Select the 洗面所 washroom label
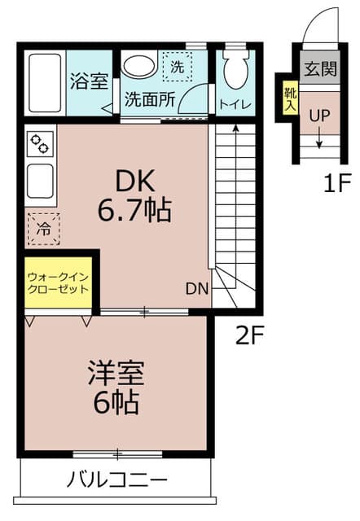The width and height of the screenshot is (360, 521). coord(149,101)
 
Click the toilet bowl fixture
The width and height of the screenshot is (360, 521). coord(235,70)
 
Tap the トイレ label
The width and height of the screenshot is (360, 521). coord(236,103)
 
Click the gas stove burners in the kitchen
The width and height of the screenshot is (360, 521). coord(40,144)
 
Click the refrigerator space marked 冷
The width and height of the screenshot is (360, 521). coord(42,229)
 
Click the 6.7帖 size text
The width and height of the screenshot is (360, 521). coord(134,212)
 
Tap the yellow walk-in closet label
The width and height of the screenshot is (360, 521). coord(57,282)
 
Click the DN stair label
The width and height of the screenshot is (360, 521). coord(197,288)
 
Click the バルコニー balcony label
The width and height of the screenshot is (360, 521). coord(117,479)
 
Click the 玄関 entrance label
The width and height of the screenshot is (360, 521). coord(318,68)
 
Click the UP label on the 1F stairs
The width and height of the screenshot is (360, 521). coord(319,116)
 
